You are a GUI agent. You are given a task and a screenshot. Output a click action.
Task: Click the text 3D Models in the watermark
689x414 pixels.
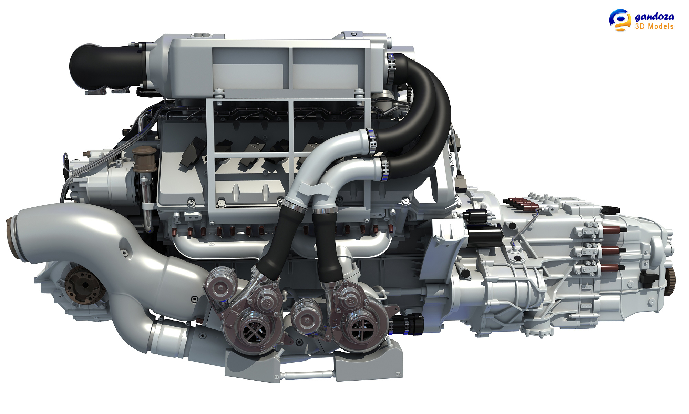pyautogui.click(x=654, y=27)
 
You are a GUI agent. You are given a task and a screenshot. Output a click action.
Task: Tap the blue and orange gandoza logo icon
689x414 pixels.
pyautogui.click(x=620, y=20)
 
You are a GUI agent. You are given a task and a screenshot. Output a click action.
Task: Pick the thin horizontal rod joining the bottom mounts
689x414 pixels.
pyautogui.click(x=307, y=373)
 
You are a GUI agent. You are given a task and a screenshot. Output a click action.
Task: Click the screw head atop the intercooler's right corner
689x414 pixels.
pyautogui.click(x=354, y=34)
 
